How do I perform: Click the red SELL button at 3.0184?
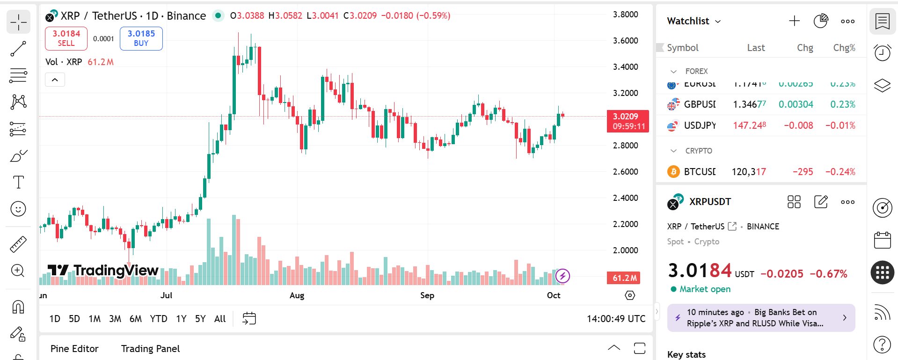click(x=66, y=38)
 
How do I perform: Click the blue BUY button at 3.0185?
click(x=141, y=38)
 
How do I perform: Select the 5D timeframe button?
click(x=74, y=319)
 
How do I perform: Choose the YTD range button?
click(x=158, y=319)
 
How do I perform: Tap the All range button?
click(x=219, y=319)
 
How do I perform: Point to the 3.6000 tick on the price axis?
click(x=625, y=41)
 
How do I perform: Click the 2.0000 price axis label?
click(x=625, y=250)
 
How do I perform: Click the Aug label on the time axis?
click(x=297, y=295)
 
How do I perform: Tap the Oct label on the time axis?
click(x=554, y=295)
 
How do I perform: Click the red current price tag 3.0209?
click(x=628, y=121)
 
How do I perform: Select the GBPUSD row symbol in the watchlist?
click(x=699, y=104)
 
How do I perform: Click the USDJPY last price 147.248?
click(x=749, y=125)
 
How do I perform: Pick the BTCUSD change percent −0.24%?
click(x=840, y=172)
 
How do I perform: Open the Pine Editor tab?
click(x=74, y=349)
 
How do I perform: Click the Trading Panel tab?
click(x=150, y=349)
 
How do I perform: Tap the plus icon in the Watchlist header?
click(x=794, y=21)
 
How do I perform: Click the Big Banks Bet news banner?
click(x=761, y=318)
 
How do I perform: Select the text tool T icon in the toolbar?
click(x=18, y=182)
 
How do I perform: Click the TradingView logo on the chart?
click(x=103, y=271)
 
